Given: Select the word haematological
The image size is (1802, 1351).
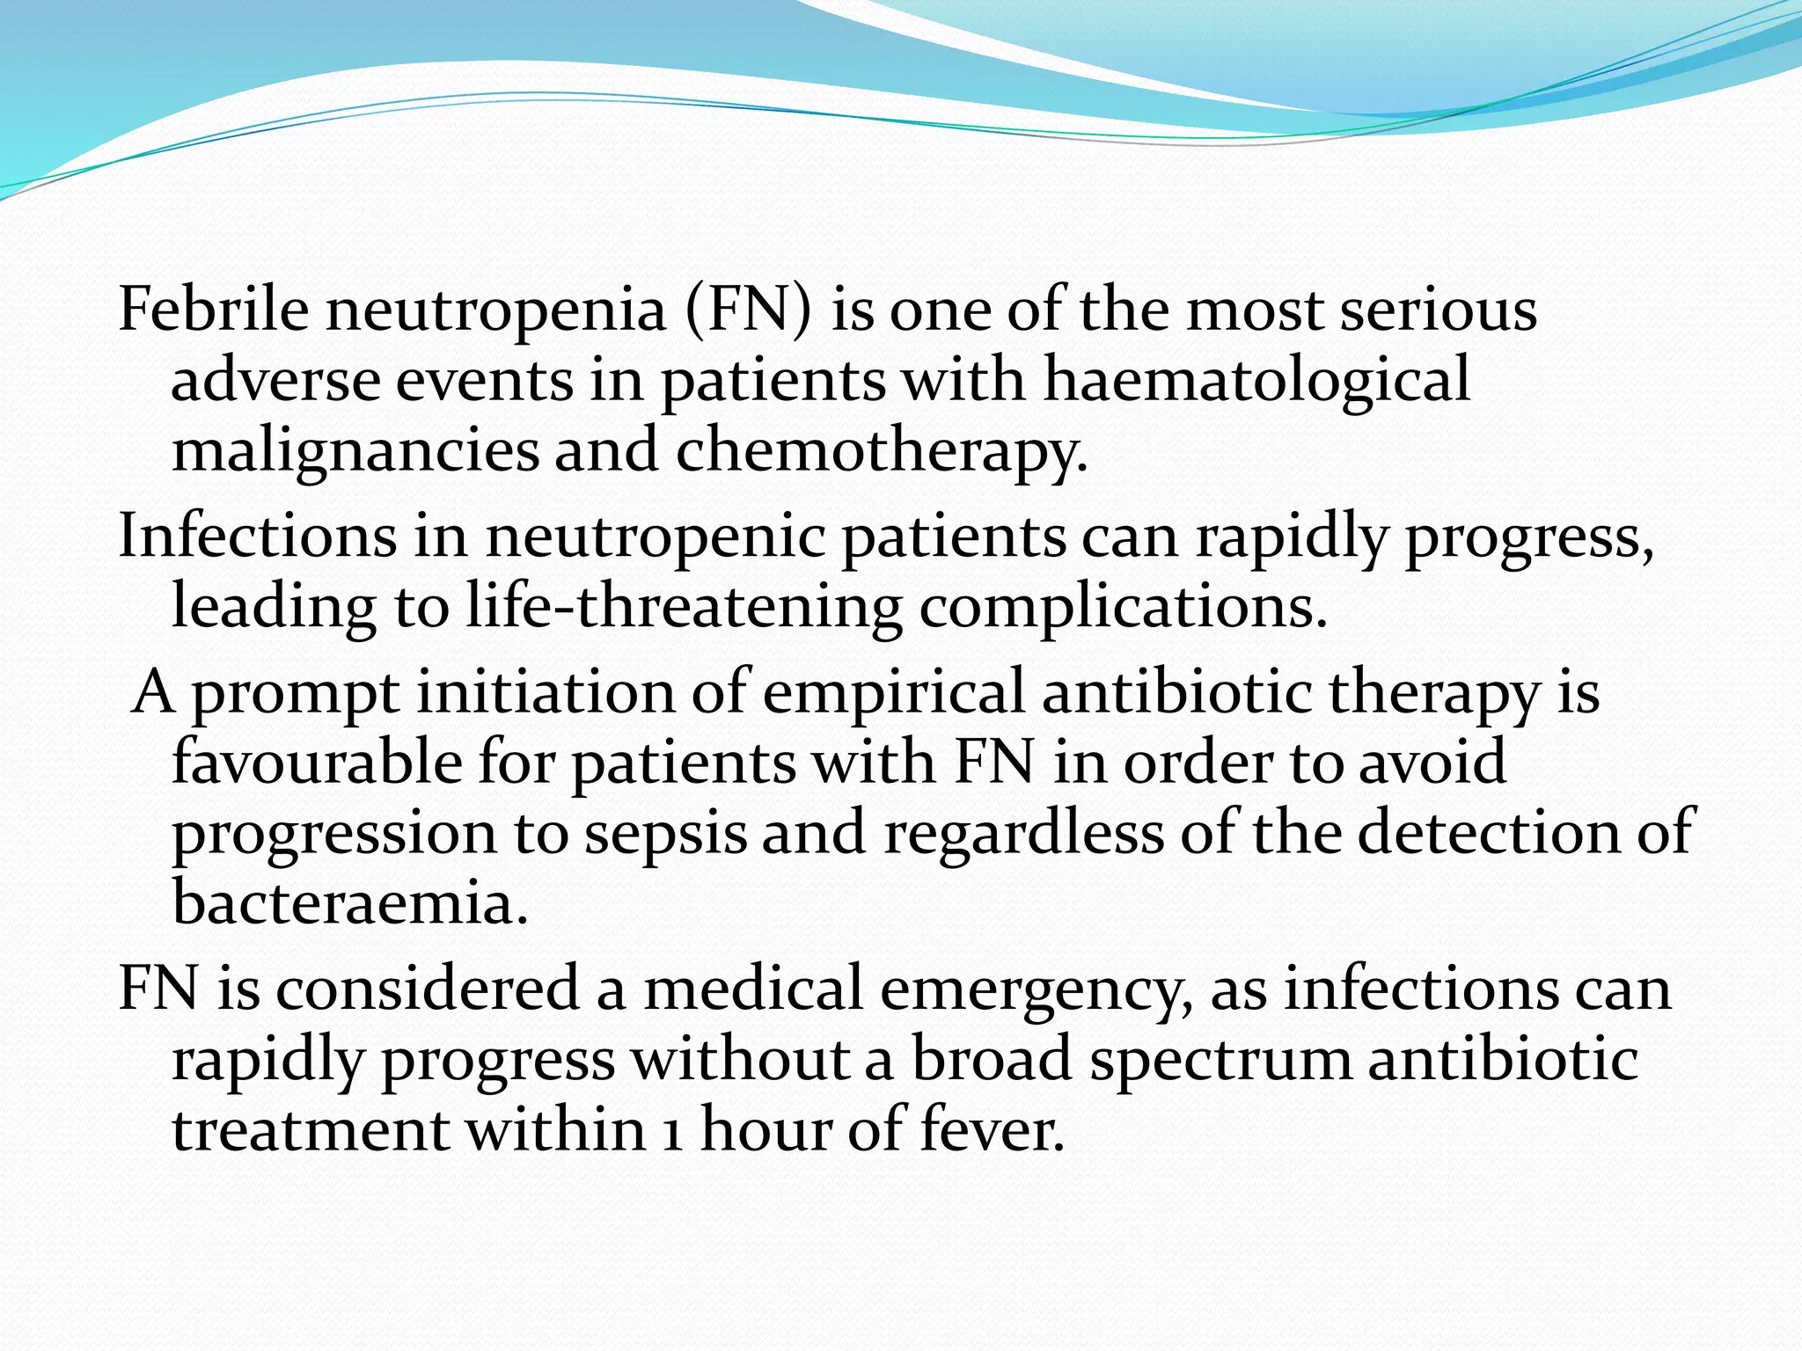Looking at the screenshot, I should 1256,382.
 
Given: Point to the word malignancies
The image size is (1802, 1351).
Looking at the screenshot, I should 355,452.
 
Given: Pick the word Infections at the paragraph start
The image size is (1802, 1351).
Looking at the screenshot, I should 257,536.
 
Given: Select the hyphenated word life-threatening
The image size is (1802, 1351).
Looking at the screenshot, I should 684,608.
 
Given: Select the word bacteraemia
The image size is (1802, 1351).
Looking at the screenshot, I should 349,902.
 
